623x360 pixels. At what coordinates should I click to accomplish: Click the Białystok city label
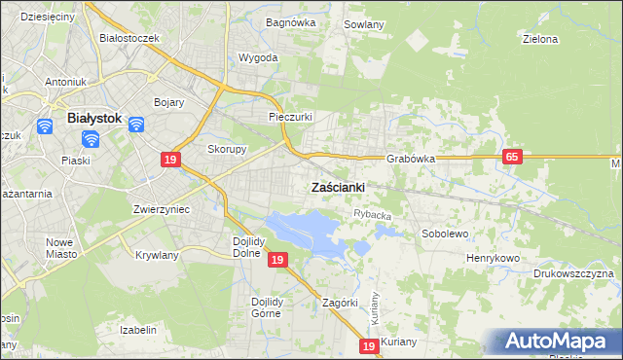pyautogui.click(x=93, y=118)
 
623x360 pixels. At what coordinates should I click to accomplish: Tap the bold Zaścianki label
pyautogui.click(x=338, y=187)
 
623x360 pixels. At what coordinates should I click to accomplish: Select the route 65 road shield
pyautogui.click(x=512, y=157)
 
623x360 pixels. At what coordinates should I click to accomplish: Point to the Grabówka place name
pyautogui.click(x=410, y=158)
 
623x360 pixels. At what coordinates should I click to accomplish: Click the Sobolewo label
pyautogui.click(x=445, y=234)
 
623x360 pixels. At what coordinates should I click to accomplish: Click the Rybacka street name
pyautogui.click(x=372, y=215)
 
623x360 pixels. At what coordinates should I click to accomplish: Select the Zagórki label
pyautogui.click(x=342, y=303)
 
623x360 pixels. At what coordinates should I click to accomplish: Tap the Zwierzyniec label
pyautogui.click(x=161, y=209)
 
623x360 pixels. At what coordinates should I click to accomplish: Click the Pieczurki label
pyautogui.click(x=290, y=117)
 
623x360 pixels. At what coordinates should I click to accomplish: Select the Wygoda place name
pyautogui.click(x=258, y=57)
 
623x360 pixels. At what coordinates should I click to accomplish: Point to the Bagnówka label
pyautogui.click(x=286, y=20)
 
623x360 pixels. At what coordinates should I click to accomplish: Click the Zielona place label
pyautogui.click(x=539, y=40)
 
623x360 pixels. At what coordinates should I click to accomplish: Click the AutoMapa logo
pyautogui.click(x=557, y=340)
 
